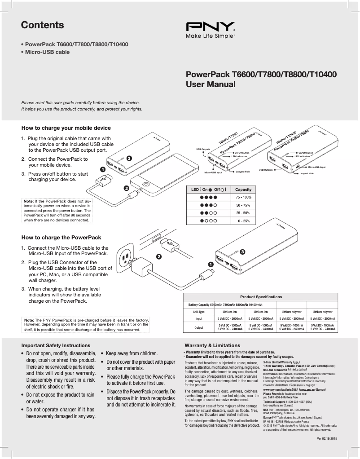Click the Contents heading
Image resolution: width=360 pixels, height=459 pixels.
coord(42,25)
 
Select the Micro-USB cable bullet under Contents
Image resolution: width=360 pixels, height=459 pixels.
coord(47,52)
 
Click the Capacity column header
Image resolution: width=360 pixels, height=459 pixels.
coord(243,190)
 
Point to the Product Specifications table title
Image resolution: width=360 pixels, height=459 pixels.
coord(261,297)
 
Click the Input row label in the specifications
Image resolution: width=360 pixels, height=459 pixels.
coord(198,318)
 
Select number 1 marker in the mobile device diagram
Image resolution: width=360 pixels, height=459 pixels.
coord(102,170)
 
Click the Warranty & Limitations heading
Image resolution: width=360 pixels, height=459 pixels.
coord(209,345)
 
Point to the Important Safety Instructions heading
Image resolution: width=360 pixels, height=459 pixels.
coord(56,345)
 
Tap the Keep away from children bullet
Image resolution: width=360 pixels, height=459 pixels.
coord(132,353)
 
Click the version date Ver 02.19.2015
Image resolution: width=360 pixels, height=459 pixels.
coord(327,438)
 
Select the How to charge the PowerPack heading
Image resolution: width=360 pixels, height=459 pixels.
coord(61,237)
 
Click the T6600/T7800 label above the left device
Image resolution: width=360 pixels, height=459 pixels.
coord(228,137)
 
